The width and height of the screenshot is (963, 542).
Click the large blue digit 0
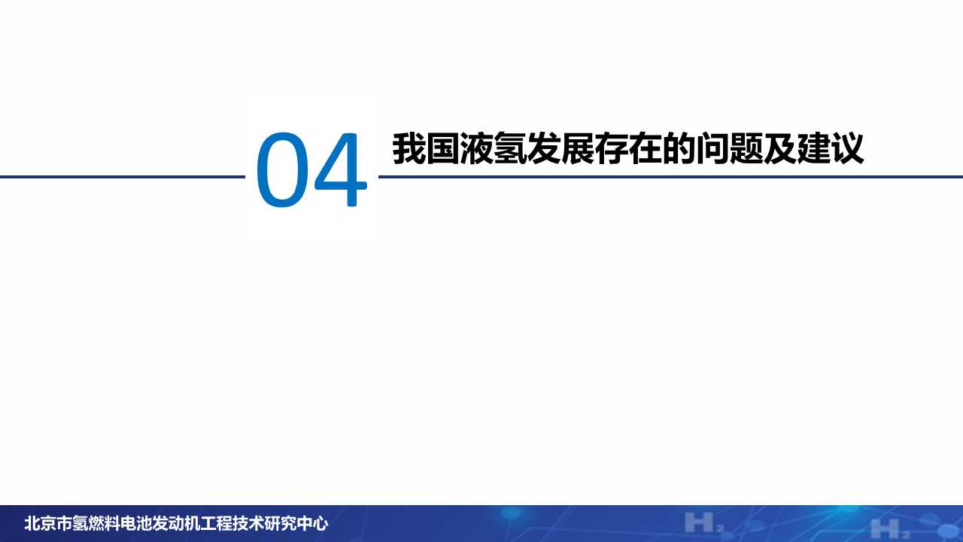[281, 171]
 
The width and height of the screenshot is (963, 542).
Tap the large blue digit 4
[340, 171]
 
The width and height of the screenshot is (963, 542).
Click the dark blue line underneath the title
[670, 177]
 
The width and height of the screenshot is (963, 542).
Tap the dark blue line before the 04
[120, 177]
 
